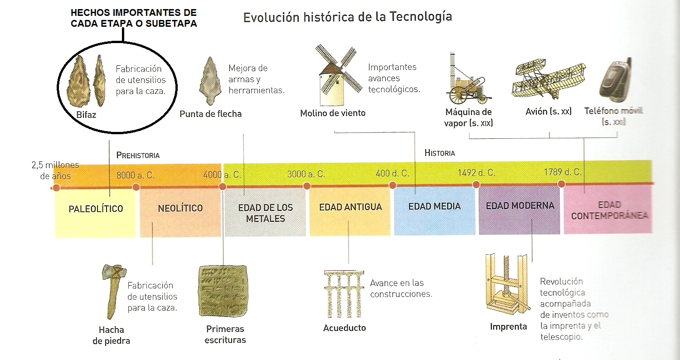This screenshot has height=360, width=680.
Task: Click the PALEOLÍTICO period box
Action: (x=96, y=212)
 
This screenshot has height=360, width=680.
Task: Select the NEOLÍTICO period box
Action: (x=180, y=212)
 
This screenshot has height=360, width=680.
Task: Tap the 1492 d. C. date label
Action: (x=476, y=173)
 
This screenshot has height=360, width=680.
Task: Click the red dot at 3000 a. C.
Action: (x=307, y=185)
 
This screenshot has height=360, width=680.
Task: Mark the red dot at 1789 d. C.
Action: (x=561, y=184)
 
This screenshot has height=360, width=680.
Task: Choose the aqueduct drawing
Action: (x=344, y=294)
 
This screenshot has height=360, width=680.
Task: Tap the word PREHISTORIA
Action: (x=138, y=155)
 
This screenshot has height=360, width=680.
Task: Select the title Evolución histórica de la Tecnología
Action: (x=348, y=17)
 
